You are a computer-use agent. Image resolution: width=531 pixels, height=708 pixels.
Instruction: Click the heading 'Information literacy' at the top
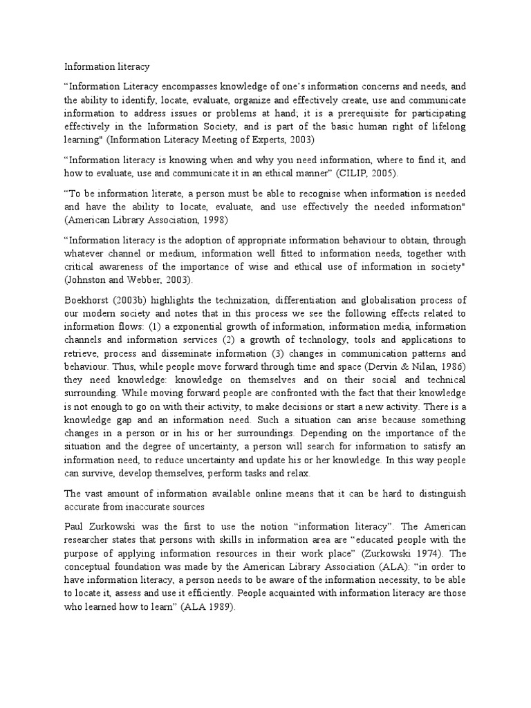point(107,67)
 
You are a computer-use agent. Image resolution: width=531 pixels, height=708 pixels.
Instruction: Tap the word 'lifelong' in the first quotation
point(446,127)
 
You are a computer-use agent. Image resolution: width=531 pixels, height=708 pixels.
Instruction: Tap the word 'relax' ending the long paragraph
point(297,474)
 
